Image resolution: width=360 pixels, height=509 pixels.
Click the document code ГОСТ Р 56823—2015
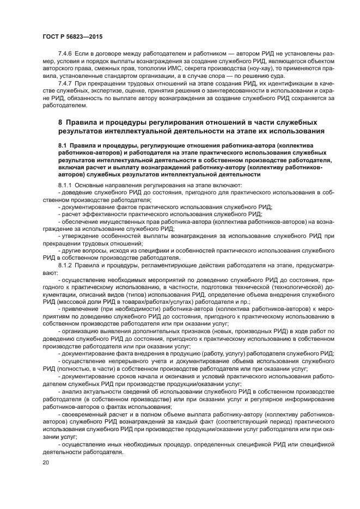click(72, 36)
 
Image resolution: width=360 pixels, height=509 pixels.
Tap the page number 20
click(46, 462)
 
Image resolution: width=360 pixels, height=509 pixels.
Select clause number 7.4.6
click(65, 56)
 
